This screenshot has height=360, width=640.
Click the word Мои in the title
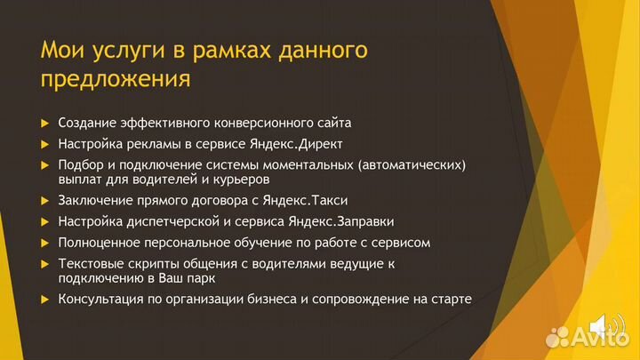click(63, 50)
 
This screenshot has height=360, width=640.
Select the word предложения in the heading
click(115, 79)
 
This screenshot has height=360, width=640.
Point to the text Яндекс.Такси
click(304, 200)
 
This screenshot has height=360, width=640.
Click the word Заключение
click(97, 200)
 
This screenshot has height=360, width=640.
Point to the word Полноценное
click(99, 242)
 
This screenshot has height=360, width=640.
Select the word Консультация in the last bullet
click(100, 299)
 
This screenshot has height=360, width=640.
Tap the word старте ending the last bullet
click(452, 299)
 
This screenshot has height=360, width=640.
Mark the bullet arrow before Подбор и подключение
click(45, 165)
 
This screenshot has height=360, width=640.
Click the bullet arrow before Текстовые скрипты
click(45, 264)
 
